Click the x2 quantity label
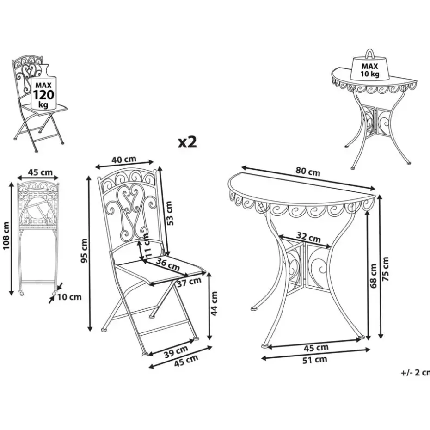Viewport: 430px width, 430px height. click(188, 142)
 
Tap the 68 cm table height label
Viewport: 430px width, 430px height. click(374, 276)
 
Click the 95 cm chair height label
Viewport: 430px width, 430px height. click(84, 252)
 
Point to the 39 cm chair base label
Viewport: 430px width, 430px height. click(176, 352)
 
